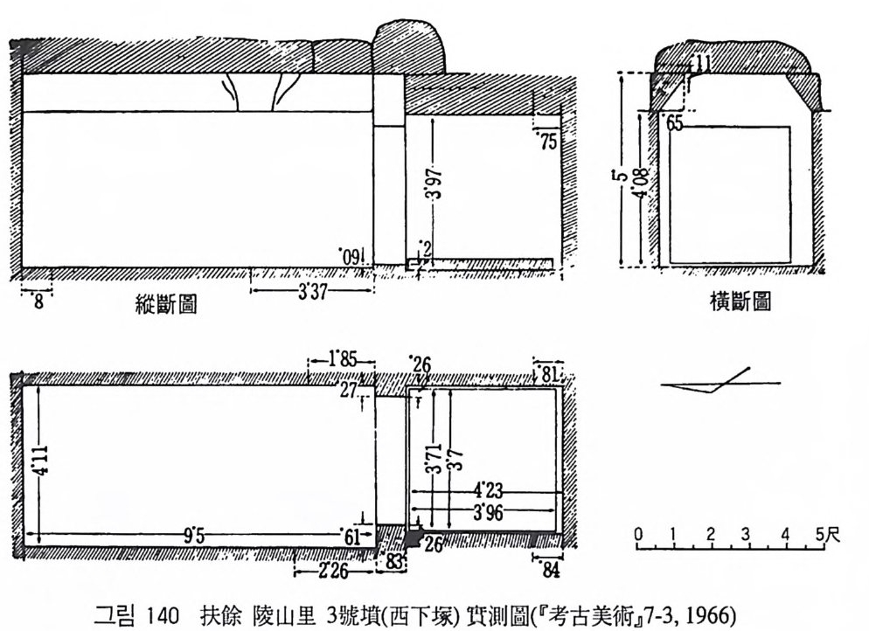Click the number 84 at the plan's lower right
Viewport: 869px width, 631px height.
[x=547, y=572]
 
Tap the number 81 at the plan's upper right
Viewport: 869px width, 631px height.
[x=549, y=373]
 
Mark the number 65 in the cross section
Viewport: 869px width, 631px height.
[x=673, y=123]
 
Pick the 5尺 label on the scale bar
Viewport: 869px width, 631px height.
[x=827, y=534]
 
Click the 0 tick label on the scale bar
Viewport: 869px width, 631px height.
[x=639, y=534]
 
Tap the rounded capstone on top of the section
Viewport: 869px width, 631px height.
[x=408, y=47]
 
